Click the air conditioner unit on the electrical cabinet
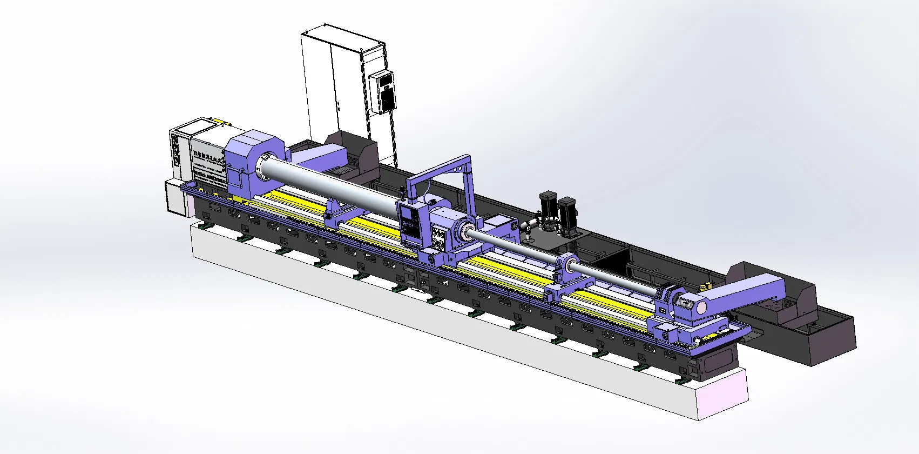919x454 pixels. tap(383, 92)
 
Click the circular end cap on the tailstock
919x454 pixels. tap(701, 308)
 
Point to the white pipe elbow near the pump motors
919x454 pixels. tap(531, 222)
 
